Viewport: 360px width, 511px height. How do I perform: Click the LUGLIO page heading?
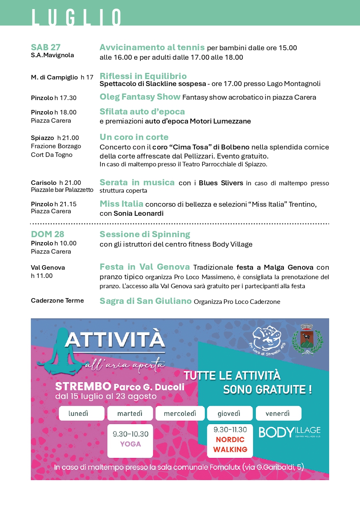coord(77,18)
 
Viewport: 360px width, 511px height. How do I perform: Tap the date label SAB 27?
coord(46,47)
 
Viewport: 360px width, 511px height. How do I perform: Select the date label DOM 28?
coord(47,234)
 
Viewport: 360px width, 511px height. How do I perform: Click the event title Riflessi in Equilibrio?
coord(143,76)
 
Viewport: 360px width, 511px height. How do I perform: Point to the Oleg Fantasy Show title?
coord(140,97)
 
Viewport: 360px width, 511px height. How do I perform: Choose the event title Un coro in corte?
coord(134,137)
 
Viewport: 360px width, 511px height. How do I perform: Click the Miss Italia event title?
coord(121,204)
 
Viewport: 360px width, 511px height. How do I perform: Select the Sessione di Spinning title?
coord(144,234)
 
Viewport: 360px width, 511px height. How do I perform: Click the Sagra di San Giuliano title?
coord(145,301)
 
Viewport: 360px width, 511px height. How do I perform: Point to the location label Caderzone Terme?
coord(57,301)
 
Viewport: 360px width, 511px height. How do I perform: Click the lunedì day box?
coord(81,413)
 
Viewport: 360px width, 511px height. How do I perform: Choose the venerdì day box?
coord(278,413)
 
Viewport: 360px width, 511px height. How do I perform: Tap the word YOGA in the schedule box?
coord(130,444)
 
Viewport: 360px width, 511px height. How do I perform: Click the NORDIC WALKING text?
coord(230,444)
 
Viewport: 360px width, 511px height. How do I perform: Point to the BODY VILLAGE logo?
coord(289,432)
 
